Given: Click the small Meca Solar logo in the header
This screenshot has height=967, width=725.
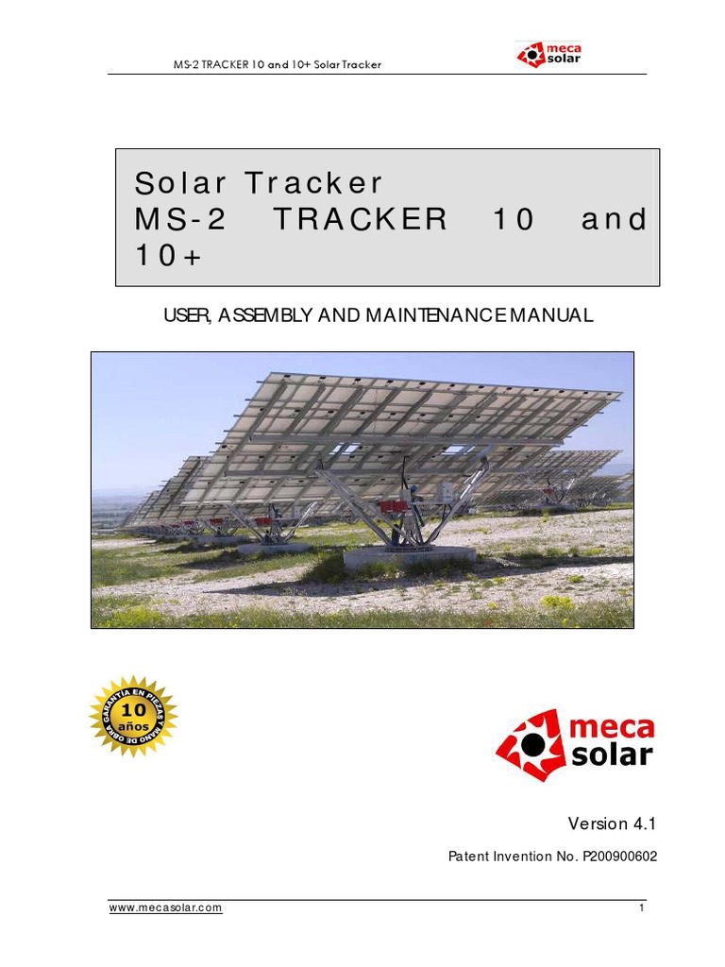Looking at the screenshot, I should click(x=549, y=53).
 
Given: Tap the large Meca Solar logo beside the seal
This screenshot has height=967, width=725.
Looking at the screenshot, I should click(x=575, y=742).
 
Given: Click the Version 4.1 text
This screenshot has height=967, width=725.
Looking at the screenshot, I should click(x=611, y=823).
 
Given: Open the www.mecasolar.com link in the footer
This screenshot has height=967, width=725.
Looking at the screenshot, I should click(x=166, y=908).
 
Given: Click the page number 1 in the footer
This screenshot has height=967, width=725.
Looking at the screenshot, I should click(x=641, y=908).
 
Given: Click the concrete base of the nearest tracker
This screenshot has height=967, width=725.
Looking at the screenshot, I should click(x=408, y=557).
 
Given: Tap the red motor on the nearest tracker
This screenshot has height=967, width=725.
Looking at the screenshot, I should click(x=395, y=507).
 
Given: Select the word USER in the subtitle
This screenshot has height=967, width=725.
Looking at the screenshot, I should click(x=186, y=315).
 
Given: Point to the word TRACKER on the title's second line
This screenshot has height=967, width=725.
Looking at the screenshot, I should click(x=360, y=220).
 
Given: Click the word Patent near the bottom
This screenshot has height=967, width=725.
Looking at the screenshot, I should click(x=471, y=857).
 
